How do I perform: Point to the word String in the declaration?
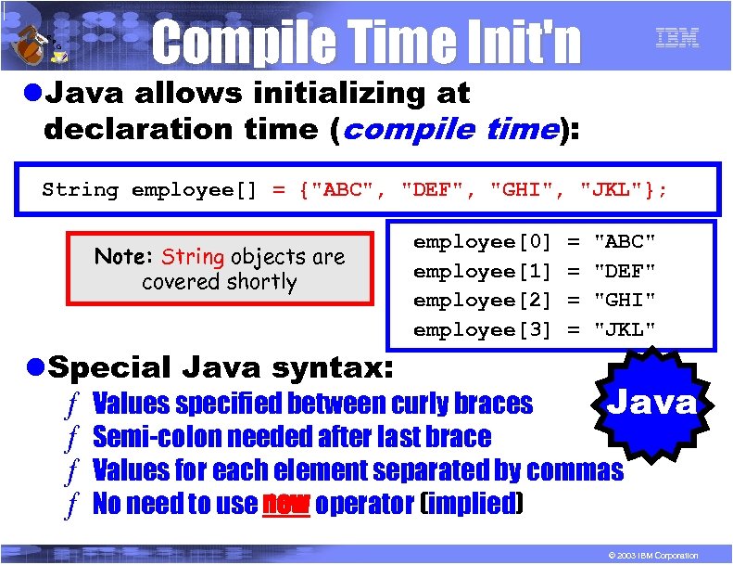click(81, 190)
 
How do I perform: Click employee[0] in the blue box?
click(482, 242)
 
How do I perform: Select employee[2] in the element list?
click(482, 301)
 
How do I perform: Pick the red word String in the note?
click(193, 257)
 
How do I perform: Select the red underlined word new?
click(285, 505)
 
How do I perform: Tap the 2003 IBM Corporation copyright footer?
click(648, 555)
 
